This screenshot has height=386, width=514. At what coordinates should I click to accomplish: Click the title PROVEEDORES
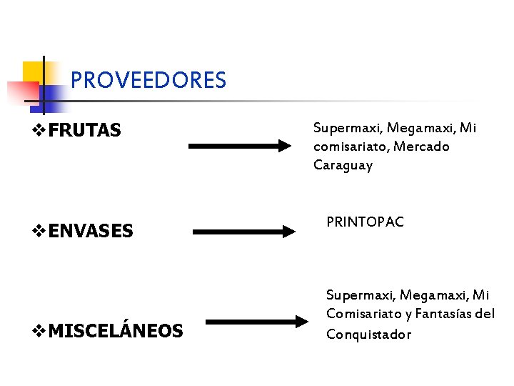click(x=148, y=79)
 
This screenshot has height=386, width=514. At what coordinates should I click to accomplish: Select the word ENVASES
click(x=91, y=231)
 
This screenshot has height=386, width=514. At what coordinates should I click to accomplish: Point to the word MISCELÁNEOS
click(x=116, y=331)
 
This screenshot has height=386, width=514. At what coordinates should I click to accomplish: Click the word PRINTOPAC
click(x=365, y=222)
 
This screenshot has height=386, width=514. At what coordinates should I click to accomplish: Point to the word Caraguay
click(x=343, y=165)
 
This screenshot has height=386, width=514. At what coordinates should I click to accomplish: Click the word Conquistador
click(x=368, y=334)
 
